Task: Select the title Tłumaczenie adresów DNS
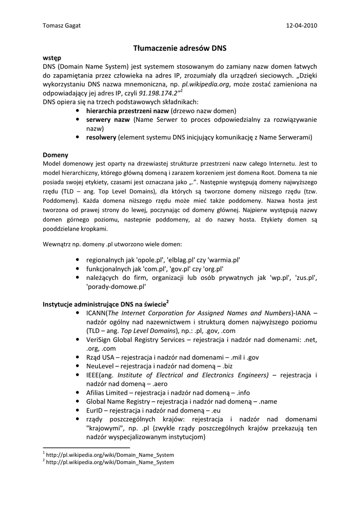point(180,48)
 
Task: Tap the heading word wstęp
point(52,58)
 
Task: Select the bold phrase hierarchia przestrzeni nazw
point(127,111)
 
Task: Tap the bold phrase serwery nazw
point(108,120)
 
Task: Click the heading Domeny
point(55,155)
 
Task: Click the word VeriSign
point(100,339)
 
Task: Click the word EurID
point(94,411)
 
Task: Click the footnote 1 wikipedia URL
point(110,454)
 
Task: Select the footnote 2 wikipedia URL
point(110,462)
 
